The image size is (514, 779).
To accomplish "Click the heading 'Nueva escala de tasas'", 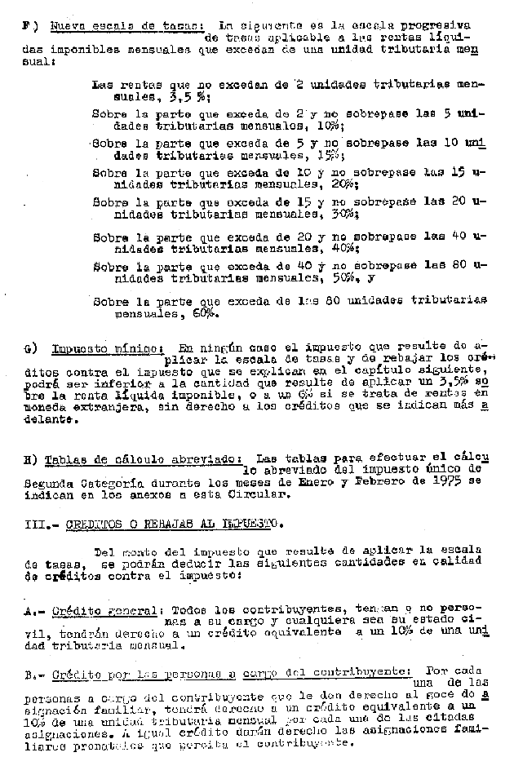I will (x=126, y=26).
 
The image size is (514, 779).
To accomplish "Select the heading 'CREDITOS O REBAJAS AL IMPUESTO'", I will (x=172, y=523).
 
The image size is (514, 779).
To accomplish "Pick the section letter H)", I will (x=31, y=458).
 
